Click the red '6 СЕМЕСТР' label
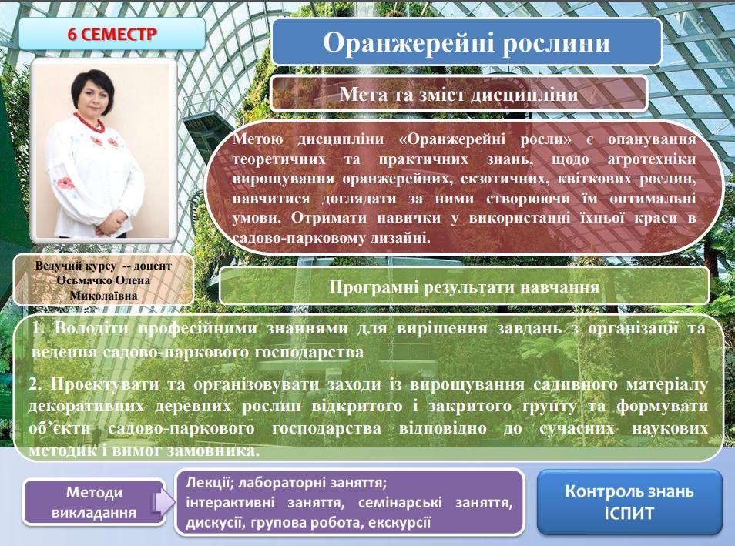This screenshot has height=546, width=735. pyautogui.click(x=112, y=34)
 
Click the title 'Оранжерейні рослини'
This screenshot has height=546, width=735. pyautogui.click(x=466, y=42)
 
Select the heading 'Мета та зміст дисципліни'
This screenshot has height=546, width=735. pyautogui.click(x=458, y=94)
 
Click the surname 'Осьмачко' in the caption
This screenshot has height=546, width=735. pyautogui.click(x=83, y=281)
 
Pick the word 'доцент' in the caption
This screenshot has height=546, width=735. pyautogui.click(x=153, y=266)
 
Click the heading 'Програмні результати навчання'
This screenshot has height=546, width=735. pyautogui.click(x=464, y=286)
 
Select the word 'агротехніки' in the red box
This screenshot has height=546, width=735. pyautogui.click(x=652, y=159)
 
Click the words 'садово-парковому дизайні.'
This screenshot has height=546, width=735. pyautogui.click(x=331, y=238)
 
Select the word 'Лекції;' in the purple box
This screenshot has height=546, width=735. pyautogui.click(x=209, y=483)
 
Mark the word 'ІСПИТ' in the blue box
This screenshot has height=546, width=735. pyautogui.click(x=629, y=513)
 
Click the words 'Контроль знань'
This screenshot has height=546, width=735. pyautogui.click(x=629, y=491)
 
